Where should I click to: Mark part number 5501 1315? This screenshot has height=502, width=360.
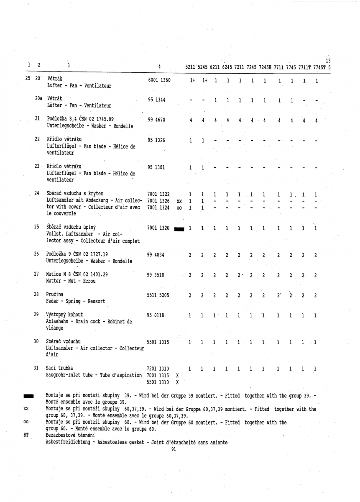(x=158, y=343)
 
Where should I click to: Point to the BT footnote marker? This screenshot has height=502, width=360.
(x=26, y=435)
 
